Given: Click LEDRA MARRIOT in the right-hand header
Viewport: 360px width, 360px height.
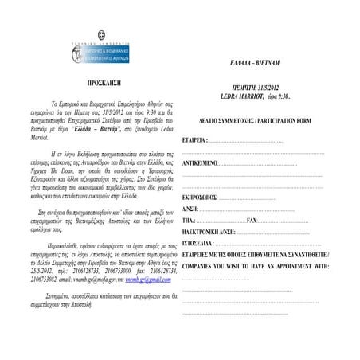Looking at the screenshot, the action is tap(243, 96).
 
